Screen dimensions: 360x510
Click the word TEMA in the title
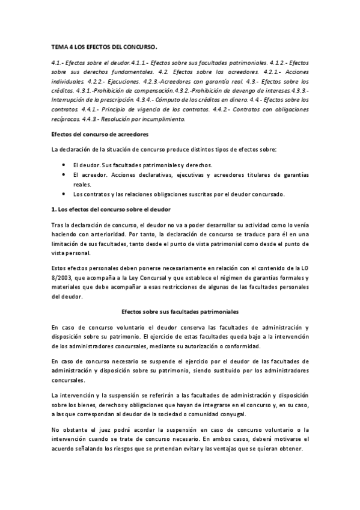click(58, 46)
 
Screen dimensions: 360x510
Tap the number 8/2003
click(63, 272)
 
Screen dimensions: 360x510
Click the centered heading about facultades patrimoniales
click(180, 312)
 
